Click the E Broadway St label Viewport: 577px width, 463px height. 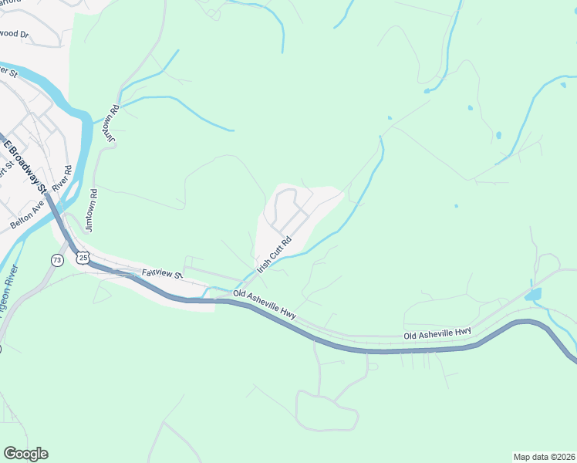coord(26,164)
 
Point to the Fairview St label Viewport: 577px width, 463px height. coord(161,274)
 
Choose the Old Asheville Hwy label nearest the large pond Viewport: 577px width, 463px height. coord(437,333)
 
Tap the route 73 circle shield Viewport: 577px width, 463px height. coord(57,260)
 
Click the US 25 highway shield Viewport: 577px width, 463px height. coord(83,259)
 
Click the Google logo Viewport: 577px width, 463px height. coord(25,454)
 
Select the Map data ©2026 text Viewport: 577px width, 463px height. coord(545,456)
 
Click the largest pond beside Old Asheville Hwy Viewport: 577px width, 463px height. coord(532,294)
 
